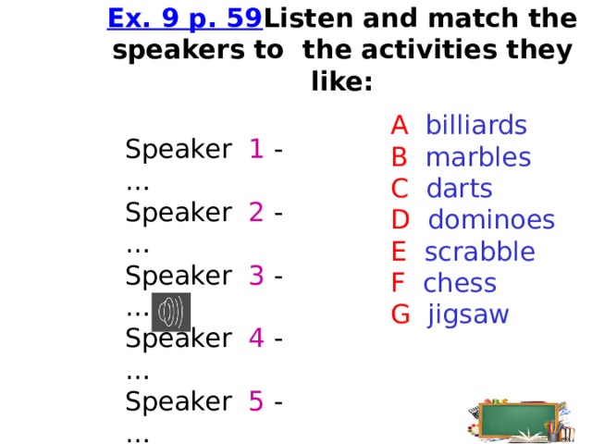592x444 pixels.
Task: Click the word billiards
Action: click(475, 125)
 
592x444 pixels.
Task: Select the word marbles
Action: click(477, 157)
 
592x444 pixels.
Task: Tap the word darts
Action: click(459, 189)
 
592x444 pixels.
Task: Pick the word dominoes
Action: click(491, 220)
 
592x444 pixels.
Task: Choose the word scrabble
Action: click(479, 252)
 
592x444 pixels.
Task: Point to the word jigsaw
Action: click(468, 315)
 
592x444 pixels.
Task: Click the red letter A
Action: click(400, 125)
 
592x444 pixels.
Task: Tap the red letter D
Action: click(401, 220)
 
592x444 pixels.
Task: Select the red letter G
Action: click(401, 314)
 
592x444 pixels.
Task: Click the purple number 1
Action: click(256, 150)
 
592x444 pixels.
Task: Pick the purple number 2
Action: click(257, 213)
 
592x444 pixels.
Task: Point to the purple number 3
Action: click(257, 276)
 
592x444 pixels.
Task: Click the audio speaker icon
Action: click(171, 313)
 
